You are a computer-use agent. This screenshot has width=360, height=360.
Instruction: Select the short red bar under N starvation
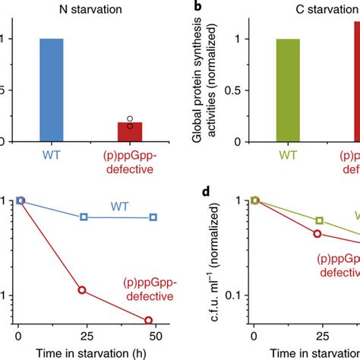(129, 131)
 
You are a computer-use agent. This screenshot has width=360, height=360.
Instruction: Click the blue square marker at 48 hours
(153, 217)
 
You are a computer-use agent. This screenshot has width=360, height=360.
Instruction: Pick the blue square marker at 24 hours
(84, 217)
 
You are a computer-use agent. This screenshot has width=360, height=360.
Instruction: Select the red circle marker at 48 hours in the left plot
(149, 320)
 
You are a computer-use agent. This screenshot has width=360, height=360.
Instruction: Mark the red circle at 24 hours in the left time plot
(83, 289)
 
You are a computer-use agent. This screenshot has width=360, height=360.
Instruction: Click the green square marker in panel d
(320, 220)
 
